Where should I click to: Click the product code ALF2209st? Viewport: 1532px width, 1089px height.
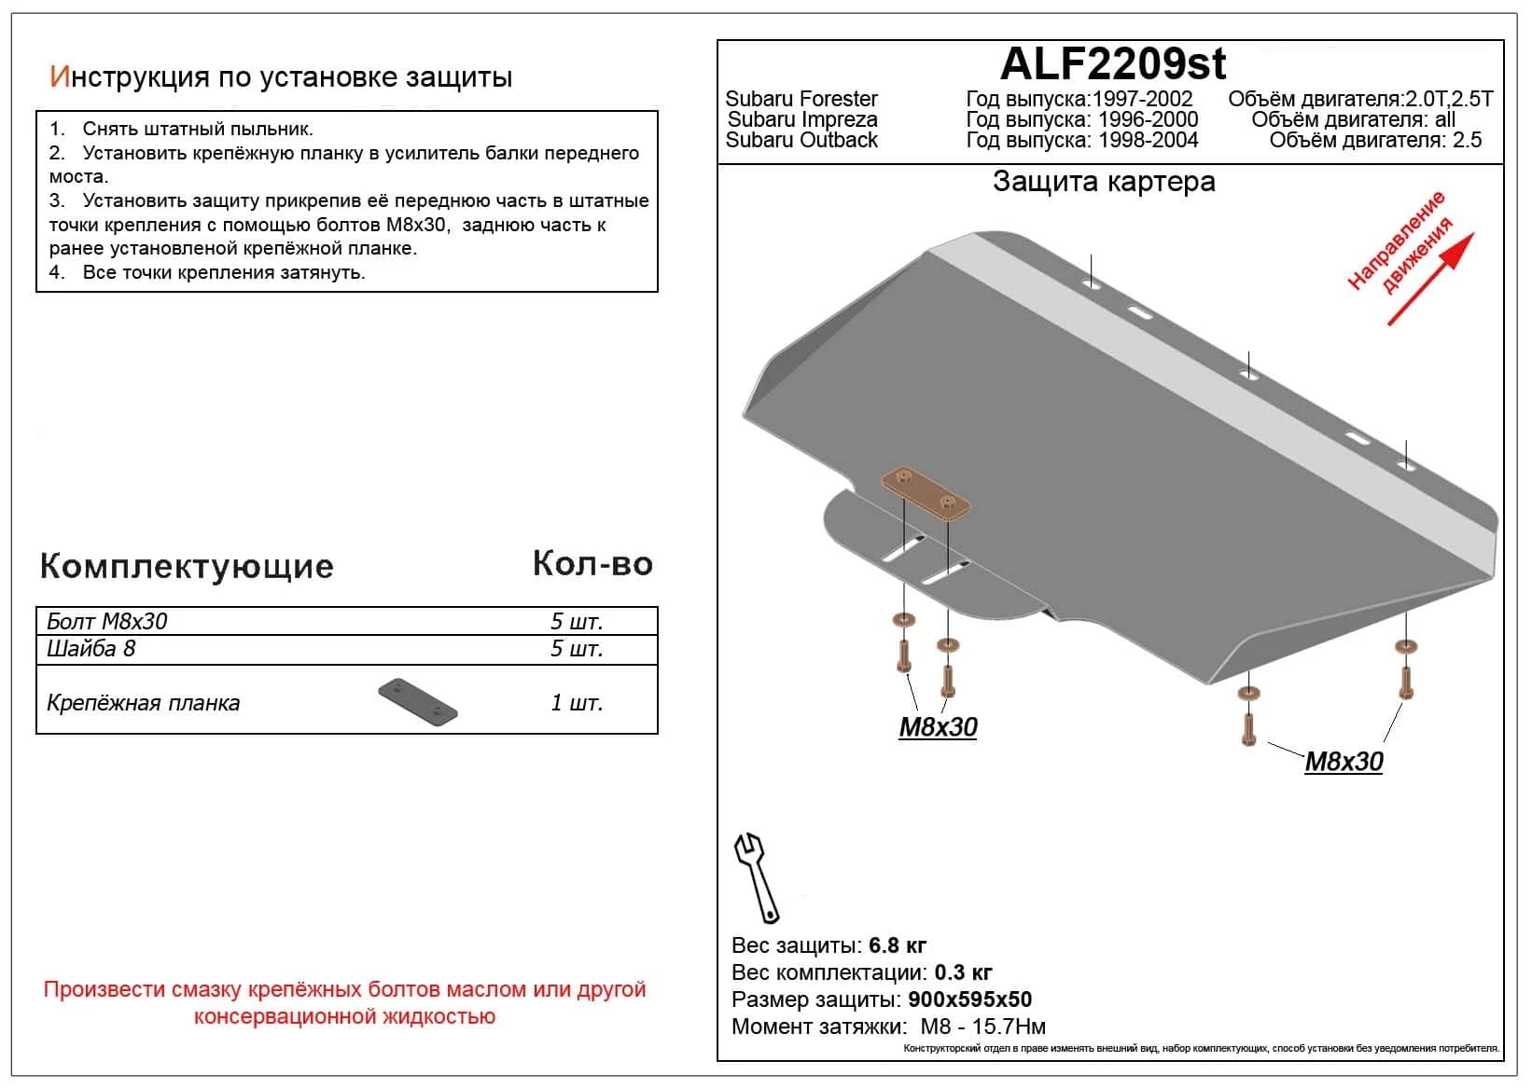click(1112, 64)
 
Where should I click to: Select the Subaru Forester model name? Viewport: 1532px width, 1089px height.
click(801, 99)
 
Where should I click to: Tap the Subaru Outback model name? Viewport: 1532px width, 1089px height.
click(801, 140)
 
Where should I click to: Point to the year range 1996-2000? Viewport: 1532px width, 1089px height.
click(1148, 119)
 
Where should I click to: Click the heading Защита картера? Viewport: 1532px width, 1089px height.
click(1104, 181)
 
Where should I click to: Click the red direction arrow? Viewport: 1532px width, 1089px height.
click(1430, 279)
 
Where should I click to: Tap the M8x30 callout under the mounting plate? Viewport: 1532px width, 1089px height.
click(938, 727)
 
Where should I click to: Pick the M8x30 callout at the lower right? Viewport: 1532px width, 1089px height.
click(1344, 762)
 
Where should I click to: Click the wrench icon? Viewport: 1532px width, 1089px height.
click(757, 876)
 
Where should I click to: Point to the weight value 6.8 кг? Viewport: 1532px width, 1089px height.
click(898, 945)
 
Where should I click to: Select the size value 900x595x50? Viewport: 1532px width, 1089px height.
click(969, 999)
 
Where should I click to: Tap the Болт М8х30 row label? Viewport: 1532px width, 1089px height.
click(107, 622)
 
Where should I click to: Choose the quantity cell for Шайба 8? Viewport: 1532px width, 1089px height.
click(577, 649)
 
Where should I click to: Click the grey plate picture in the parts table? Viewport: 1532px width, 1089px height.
click(418, 702)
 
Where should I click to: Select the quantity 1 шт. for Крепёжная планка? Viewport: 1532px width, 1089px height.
click(577, 703)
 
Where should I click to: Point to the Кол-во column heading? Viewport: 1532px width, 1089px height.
click(592, 564)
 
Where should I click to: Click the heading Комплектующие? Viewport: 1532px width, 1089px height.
click(187, 566)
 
